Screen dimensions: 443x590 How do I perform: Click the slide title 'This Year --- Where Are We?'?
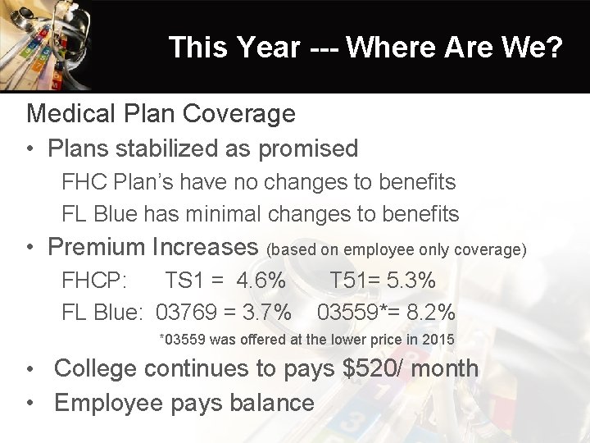pyautogui.click(x=365, y=48)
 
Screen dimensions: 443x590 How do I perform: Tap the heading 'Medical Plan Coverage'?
pyautogui.click(x=161, y=113)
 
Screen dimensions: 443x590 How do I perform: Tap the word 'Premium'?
pyautogui.click(x=97, y=247)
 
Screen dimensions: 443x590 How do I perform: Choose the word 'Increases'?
pyautogui.click(x=206, y=247)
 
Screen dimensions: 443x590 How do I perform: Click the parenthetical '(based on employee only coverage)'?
pyautogui.click(x=397, y=249)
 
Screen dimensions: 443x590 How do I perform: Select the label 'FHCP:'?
pyautogui.click(x=94, y=281)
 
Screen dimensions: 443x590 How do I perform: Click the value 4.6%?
pyautogui.click(x=261, y=281)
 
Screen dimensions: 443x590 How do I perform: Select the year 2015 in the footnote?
pyautogui.click(x=438, y=340)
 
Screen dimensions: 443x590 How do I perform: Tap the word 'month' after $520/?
pyautogui.click(x=444, y=368)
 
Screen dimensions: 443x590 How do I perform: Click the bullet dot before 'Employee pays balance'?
pyautogui.click(x=30, y=403)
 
